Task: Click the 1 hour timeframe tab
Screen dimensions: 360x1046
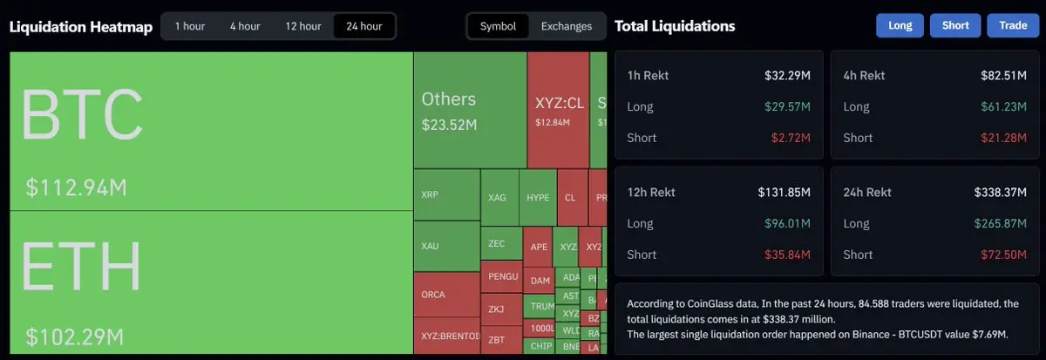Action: point(189,26)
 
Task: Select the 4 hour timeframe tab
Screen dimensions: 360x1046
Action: point(245,26)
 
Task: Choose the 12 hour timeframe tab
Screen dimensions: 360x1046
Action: point(304,26)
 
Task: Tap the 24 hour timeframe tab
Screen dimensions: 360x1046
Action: point(363,26)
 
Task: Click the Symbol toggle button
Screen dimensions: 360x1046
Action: point(498,26)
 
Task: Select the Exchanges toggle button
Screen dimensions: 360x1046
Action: point(567,26)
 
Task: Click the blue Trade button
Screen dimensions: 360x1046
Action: point(1013,25)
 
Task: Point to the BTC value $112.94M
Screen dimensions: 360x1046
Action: point(77,187)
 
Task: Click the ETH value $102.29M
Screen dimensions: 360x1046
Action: point(74,336)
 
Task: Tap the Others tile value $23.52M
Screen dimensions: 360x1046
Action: point(449,125)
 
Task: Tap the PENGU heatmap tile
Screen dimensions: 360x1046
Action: point(503,277)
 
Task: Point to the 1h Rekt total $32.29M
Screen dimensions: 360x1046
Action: point(787,76)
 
